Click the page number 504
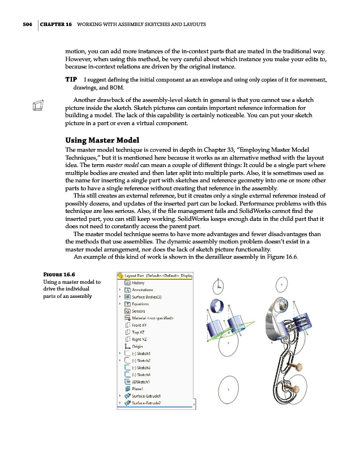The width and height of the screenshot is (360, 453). tap(23, 24)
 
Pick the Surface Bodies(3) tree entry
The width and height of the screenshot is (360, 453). tap(149, 296)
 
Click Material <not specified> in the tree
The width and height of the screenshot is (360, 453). tap(152, 318)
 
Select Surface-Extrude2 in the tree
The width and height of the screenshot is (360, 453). tap(147, 403)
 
